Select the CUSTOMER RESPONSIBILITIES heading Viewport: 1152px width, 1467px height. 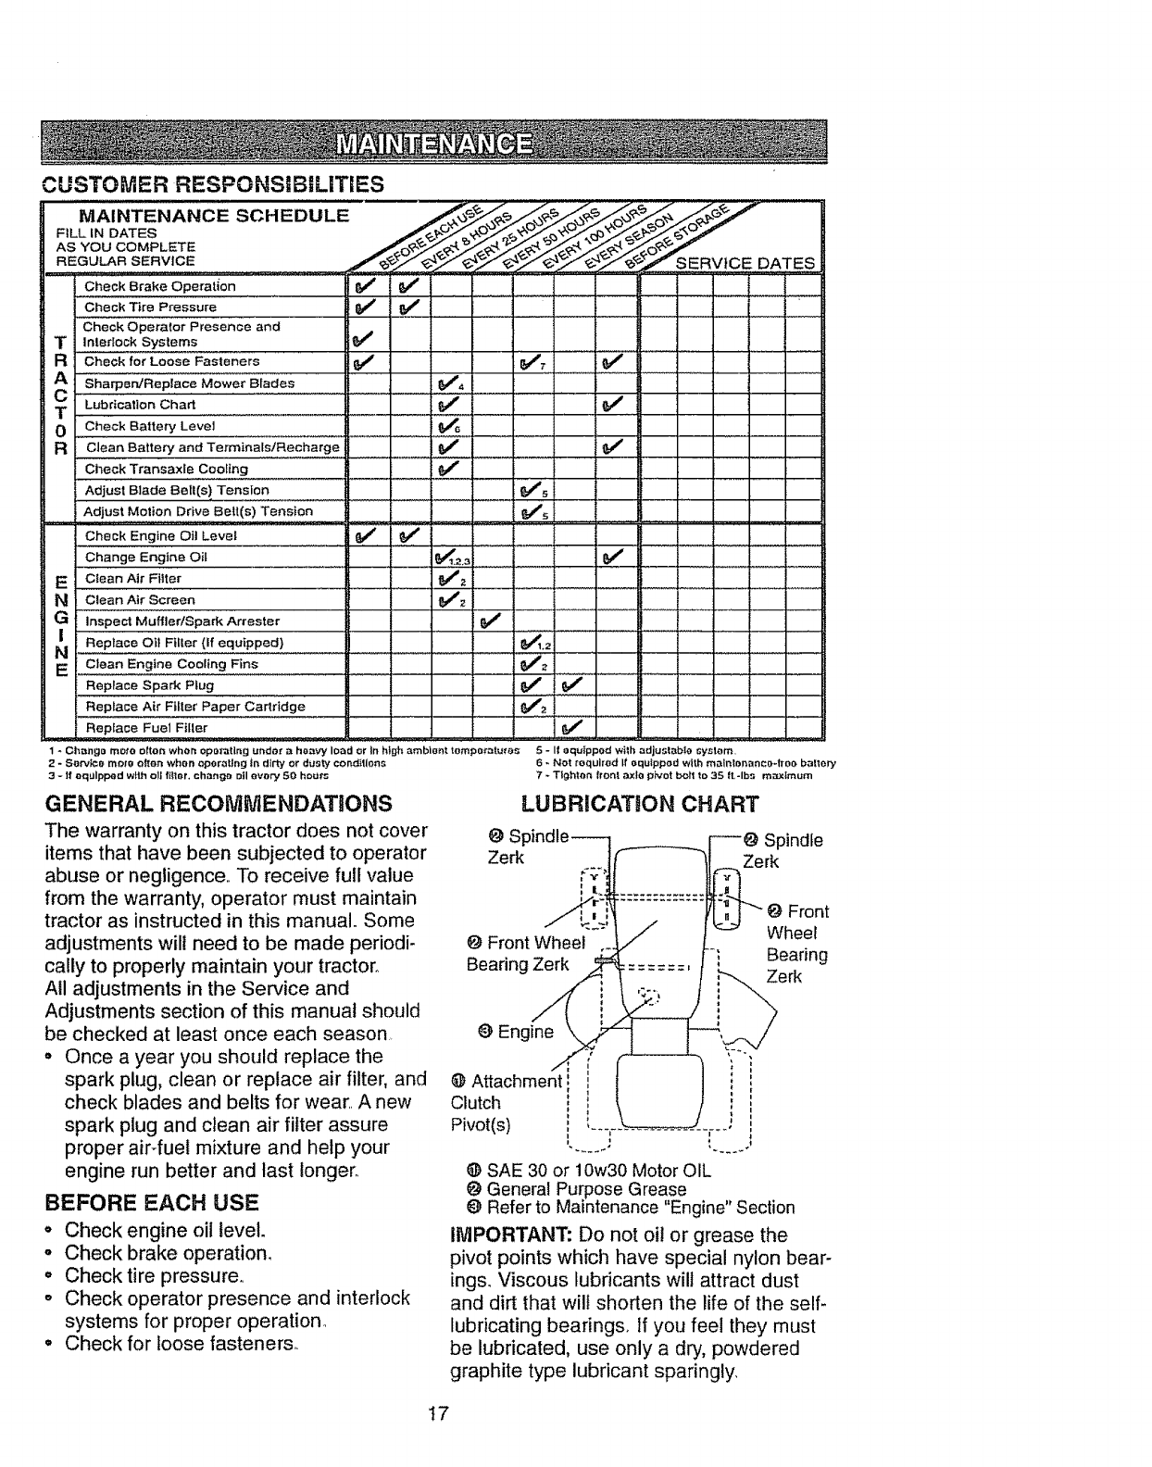point(214,183)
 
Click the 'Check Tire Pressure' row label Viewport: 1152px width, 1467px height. point(150,307)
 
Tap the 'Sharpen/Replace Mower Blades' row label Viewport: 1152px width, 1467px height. point(189,383)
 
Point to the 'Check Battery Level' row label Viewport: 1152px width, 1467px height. point(149,426)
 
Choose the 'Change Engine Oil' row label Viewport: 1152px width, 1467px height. point(145,558)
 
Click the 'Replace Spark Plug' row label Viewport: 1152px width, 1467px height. point(149,685)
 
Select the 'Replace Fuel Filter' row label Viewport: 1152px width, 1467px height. point(146,727)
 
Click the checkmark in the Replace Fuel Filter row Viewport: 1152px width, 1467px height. point(571,727)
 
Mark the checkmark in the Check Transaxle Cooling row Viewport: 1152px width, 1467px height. point(448,469)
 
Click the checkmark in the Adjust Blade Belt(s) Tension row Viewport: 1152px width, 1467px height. point(530,491)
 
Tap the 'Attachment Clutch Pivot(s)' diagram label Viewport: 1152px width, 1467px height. point(505,1103)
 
